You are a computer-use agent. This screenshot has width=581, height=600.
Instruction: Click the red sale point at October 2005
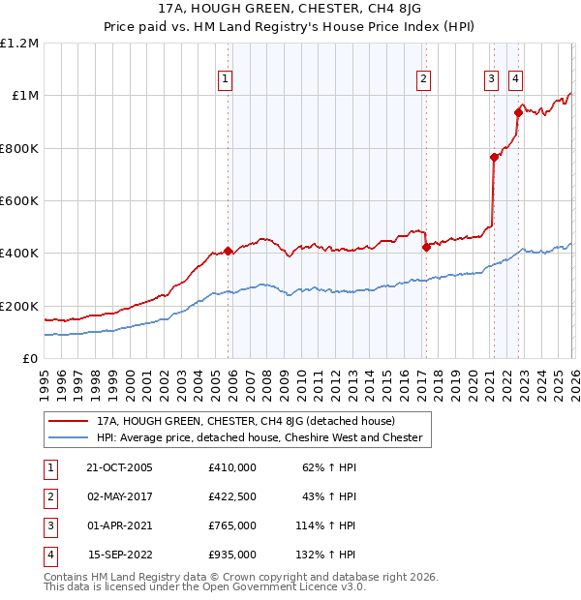tap(229, 252)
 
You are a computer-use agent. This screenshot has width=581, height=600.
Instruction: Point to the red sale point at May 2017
tap(426, 248)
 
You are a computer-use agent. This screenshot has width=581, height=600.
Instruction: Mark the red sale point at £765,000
tap(494, 158)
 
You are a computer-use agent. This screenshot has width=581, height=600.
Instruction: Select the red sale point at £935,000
tap(518, 113)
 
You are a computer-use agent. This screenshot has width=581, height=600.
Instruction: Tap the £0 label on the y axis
tap(31, 359)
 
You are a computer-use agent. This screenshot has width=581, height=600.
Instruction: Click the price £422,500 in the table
tap(232, 496)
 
